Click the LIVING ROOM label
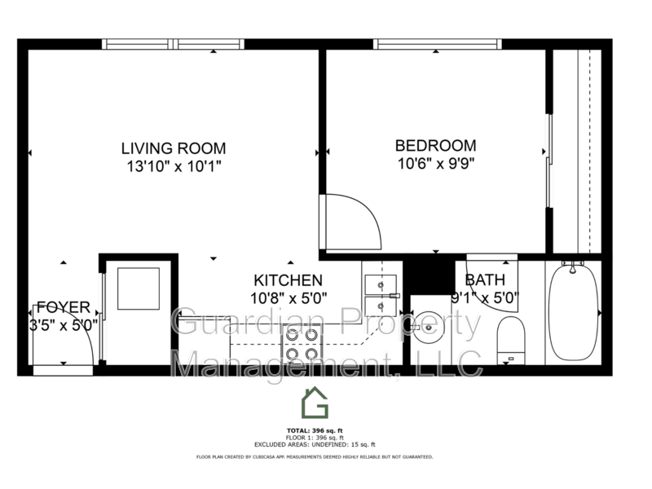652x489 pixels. pos(173,148)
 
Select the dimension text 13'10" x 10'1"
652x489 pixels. pos(173,165)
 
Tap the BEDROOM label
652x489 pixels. pos(435,146)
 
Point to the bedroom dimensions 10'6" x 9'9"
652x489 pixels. pos(435,162)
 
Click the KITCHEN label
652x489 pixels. pos(288,280)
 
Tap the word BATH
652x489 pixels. pos(486,280)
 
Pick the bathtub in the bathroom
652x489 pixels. pos(572,312)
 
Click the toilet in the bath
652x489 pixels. pos(511,338)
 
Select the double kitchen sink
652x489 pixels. pos(379,294)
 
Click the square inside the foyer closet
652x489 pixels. pos(139,289)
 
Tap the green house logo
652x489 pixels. pos(315,402)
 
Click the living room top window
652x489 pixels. pos(173,44)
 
